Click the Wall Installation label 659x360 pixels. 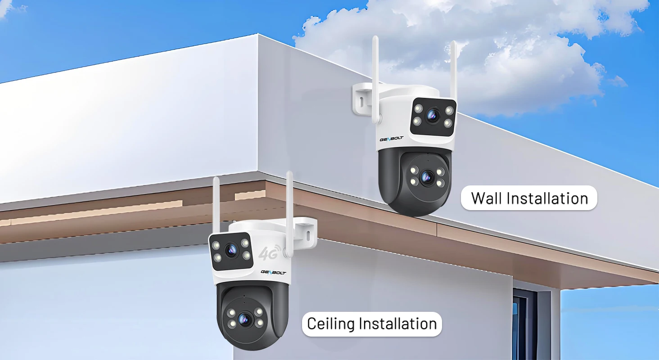[x=529, y=198]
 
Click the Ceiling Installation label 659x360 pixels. [x=372, y=324]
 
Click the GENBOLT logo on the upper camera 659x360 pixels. [x=391, y=139]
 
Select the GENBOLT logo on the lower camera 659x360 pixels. [x=273, y=272]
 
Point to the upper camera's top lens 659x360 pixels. [x=433, y=116]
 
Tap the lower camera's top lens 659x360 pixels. [x=231, y=251]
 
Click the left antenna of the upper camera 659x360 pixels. [x=375, y=79]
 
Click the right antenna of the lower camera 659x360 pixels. [x=289, y=214]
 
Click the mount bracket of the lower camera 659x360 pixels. [x=304, y=232]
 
